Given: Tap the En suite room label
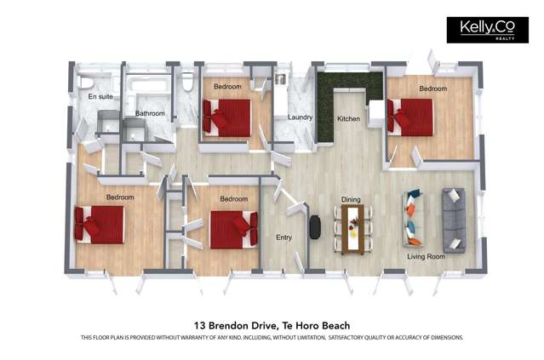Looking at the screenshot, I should tap(100, 97).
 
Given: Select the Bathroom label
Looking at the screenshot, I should tap(149, 113).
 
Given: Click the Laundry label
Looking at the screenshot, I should tap(300, 117).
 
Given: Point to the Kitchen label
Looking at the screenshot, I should tap(349, 118).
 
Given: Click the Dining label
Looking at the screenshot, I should tap(351, 199).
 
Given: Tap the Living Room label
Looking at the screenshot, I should tap(426, 256).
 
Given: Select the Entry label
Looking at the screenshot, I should tap(283, 237).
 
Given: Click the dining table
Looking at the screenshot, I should tap(352, 229).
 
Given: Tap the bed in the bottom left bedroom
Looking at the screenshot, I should tap(101, 224).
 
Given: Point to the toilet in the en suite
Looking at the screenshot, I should tap(85, 81).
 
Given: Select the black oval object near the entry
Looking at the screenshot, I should tap(315, 226).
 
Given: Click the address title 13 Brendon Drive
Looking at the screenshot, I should tap(272, 325).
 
